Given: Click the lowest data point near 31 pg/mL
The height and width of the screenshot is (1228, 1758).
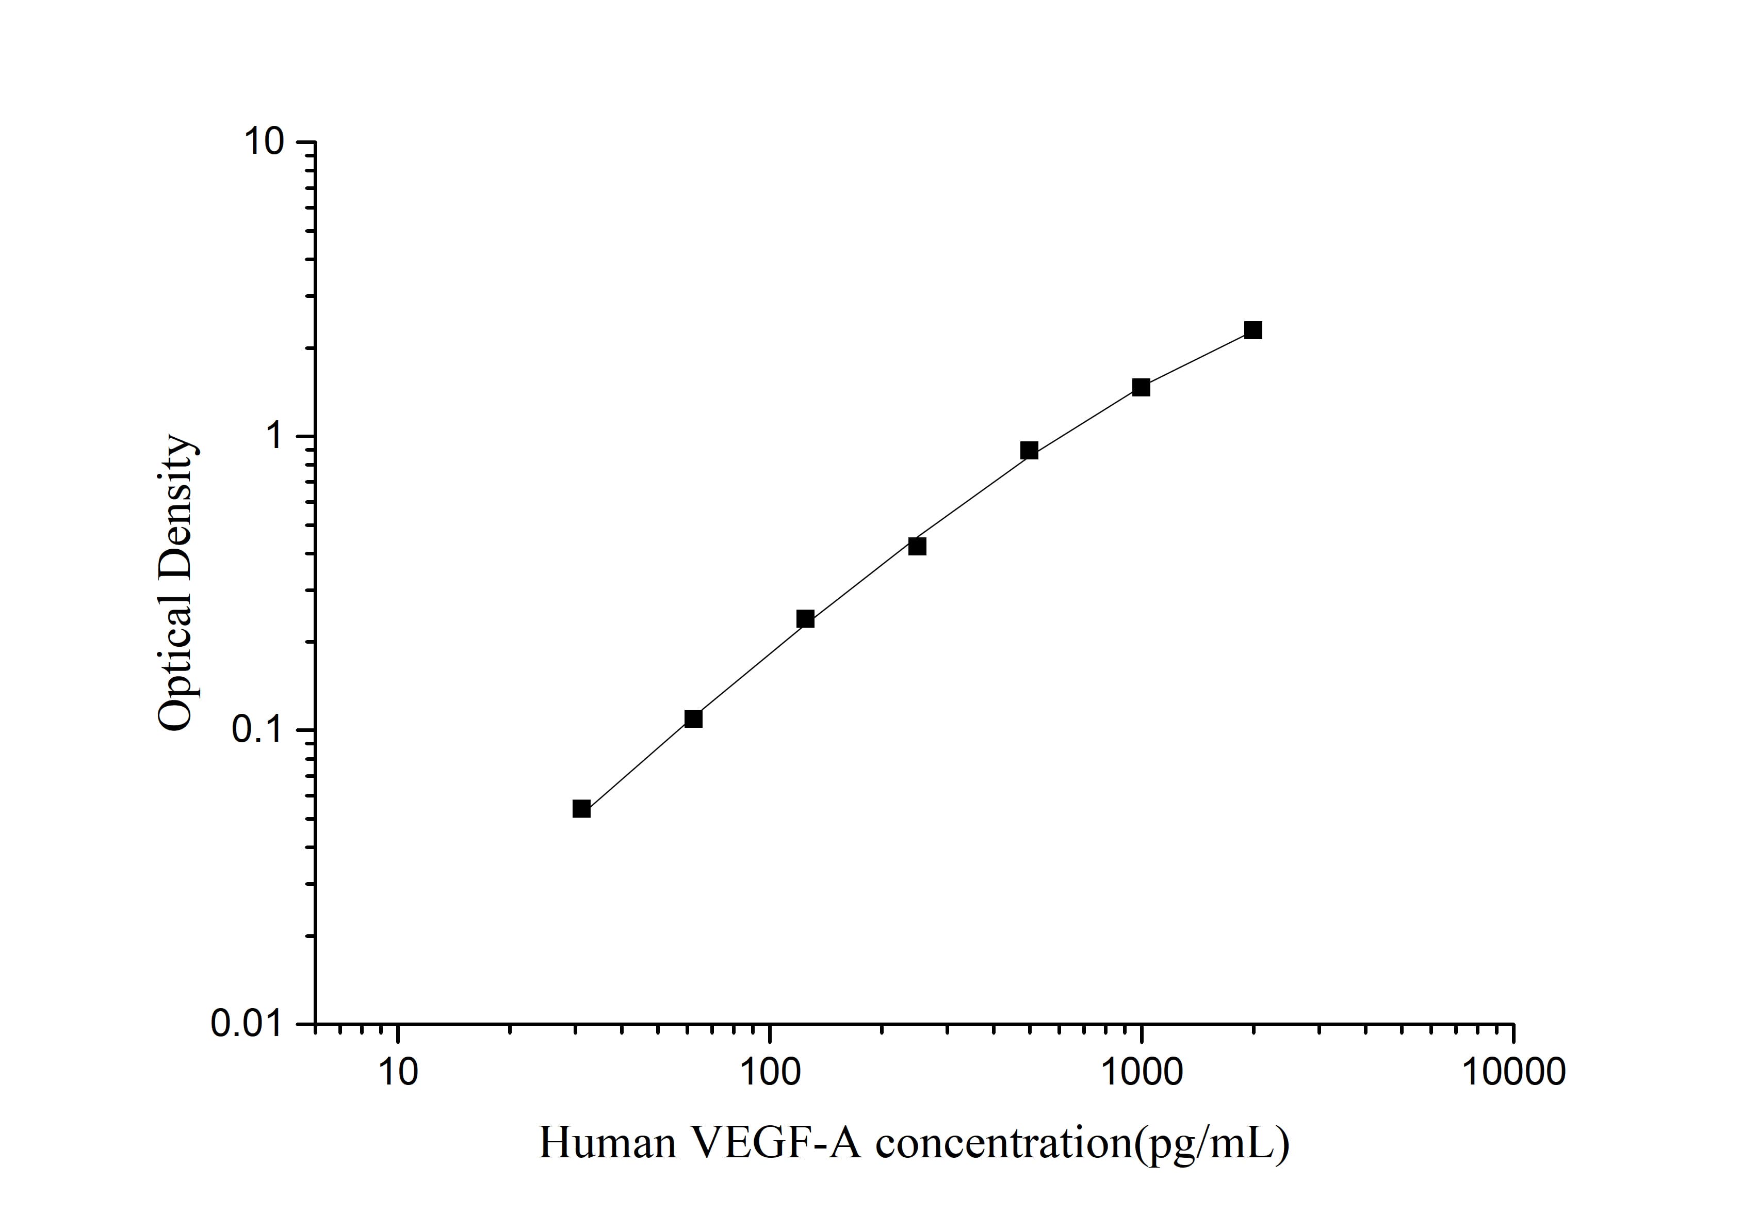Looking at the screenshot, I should point(581,809).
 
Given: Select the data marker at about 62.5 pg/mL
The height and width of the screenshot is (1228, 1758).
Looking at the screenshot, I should point(693,719).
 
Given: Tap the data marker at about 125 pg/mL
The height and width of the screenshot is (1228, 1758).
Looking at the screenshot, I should point(805,619).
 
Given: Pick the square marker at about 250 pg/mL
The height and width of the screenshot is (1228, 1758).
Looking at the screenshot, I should point(917,546).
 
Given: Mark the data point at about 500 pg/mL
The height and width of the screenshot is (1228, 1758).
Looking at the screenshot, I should point(1029,451).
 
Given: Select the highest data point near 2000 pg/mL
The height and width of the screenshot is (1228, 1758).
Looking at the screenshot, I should point(1252,330).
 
